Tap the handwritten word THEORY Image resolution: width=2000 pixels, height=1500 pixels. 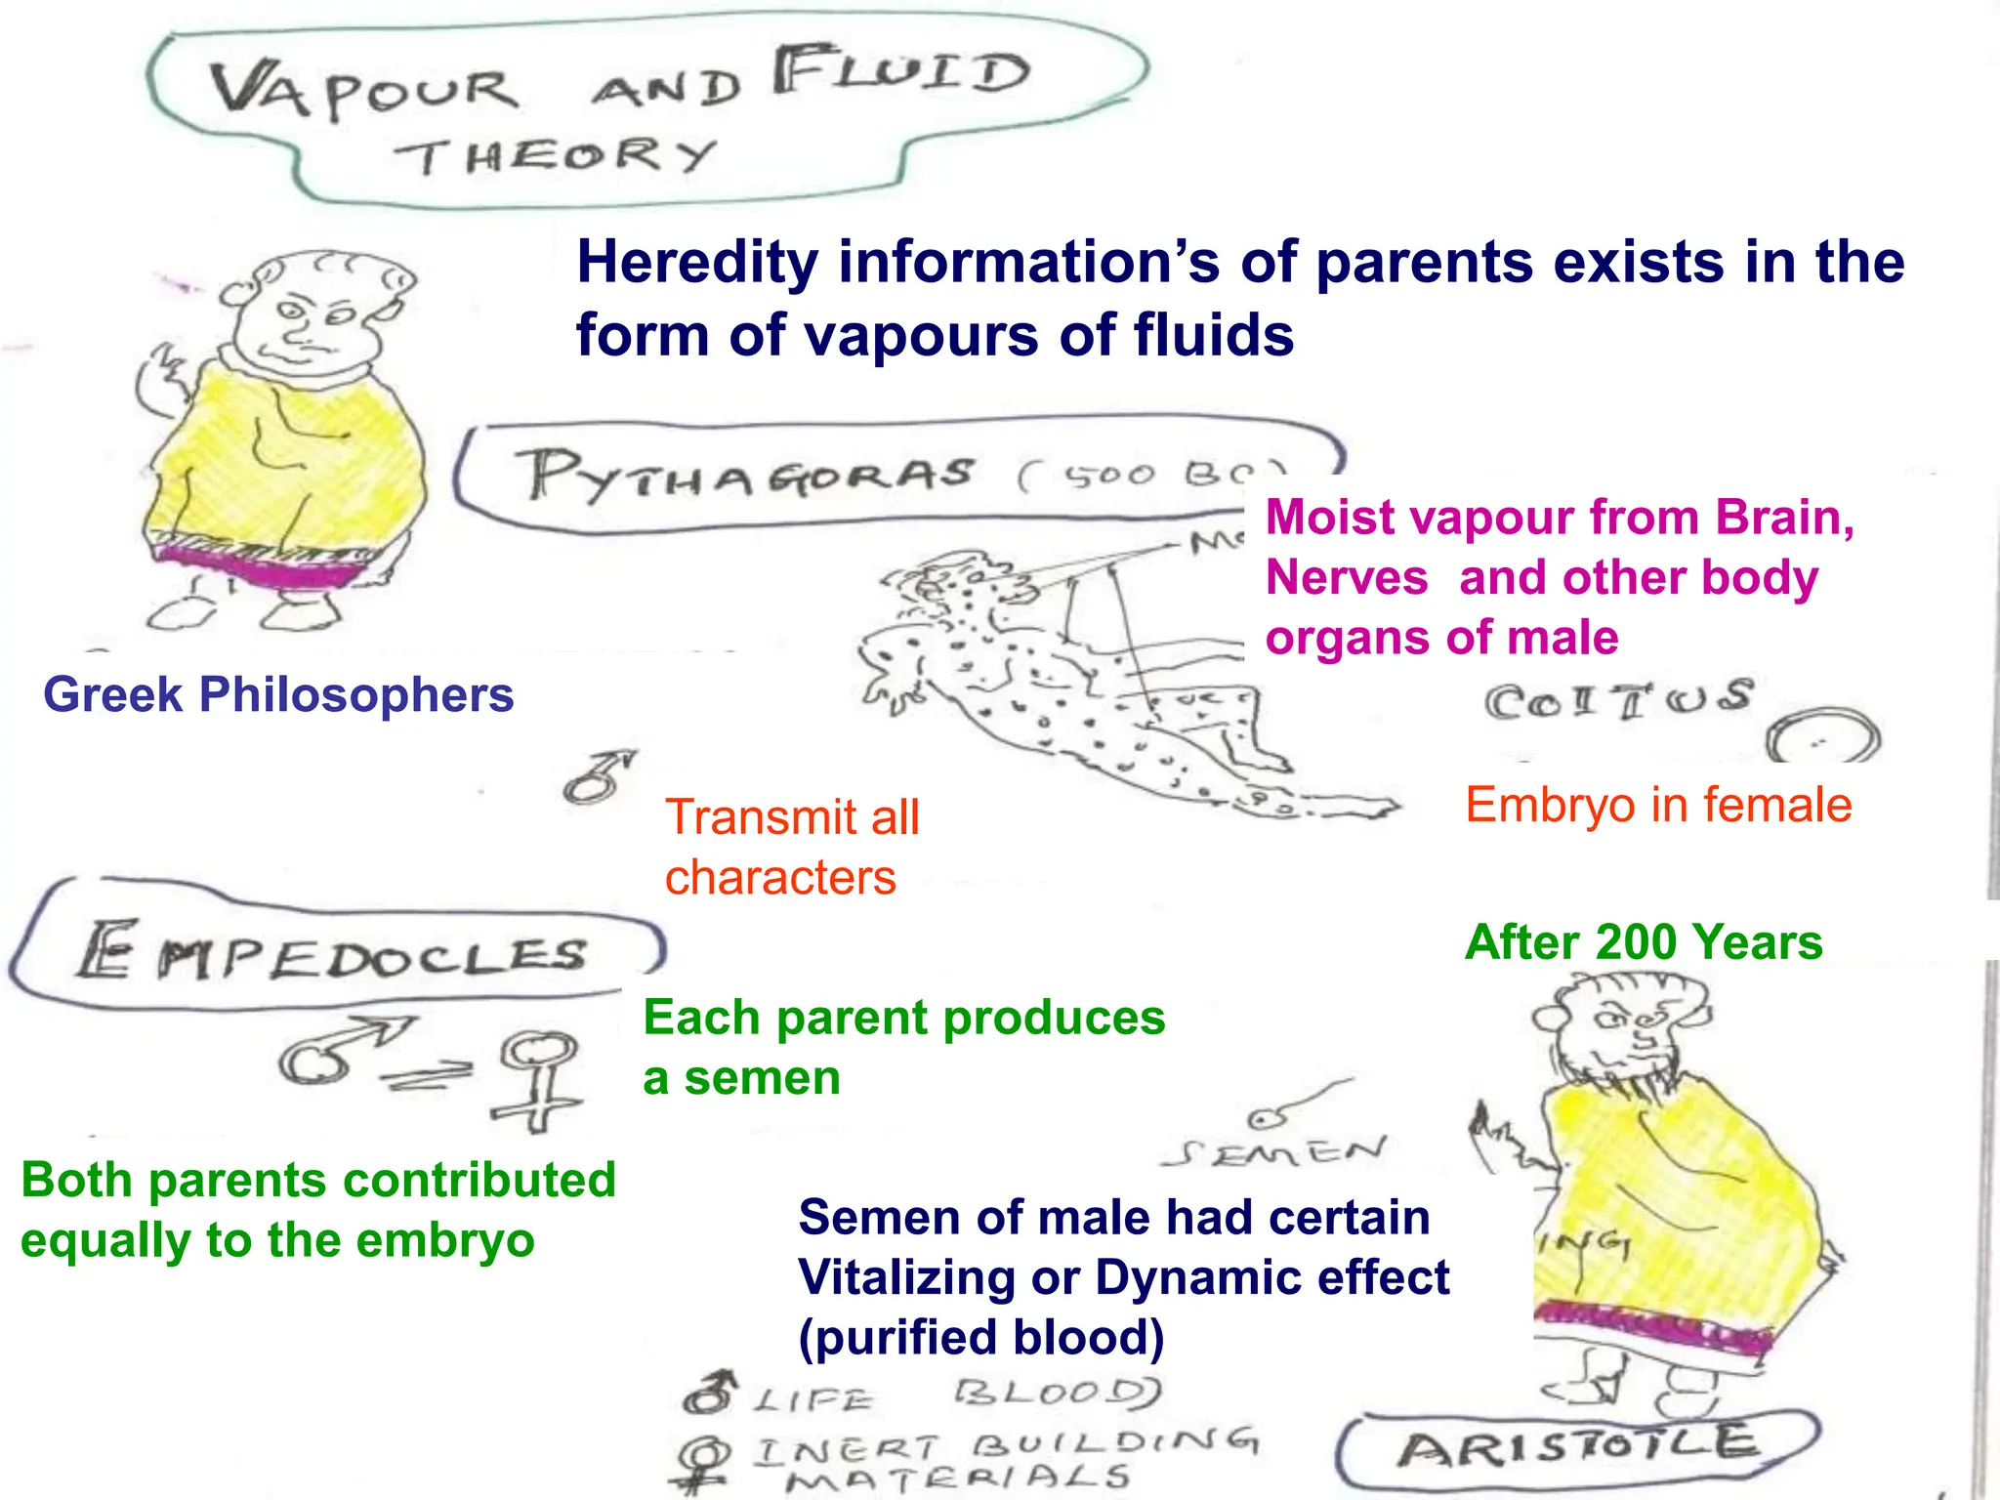click(x=555, y=156)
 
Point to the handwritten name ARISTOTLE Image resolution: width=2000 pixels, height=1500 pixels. click(x=1576, y=1448)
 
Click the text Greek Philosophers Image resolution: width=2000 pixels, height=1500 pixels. click(x=278, y=695)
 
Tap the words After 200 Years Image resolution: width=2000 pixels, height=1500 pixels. click(x=1644, y=943)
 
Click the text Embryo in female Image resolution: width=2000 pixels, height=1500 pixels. click(x=1658, y=806)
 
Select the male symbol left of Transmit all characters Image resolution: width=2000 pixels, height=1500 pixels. click(x=597, y=777)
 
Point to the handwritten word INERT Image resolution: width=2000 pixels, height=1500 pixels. click(x=846, y=1447)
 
